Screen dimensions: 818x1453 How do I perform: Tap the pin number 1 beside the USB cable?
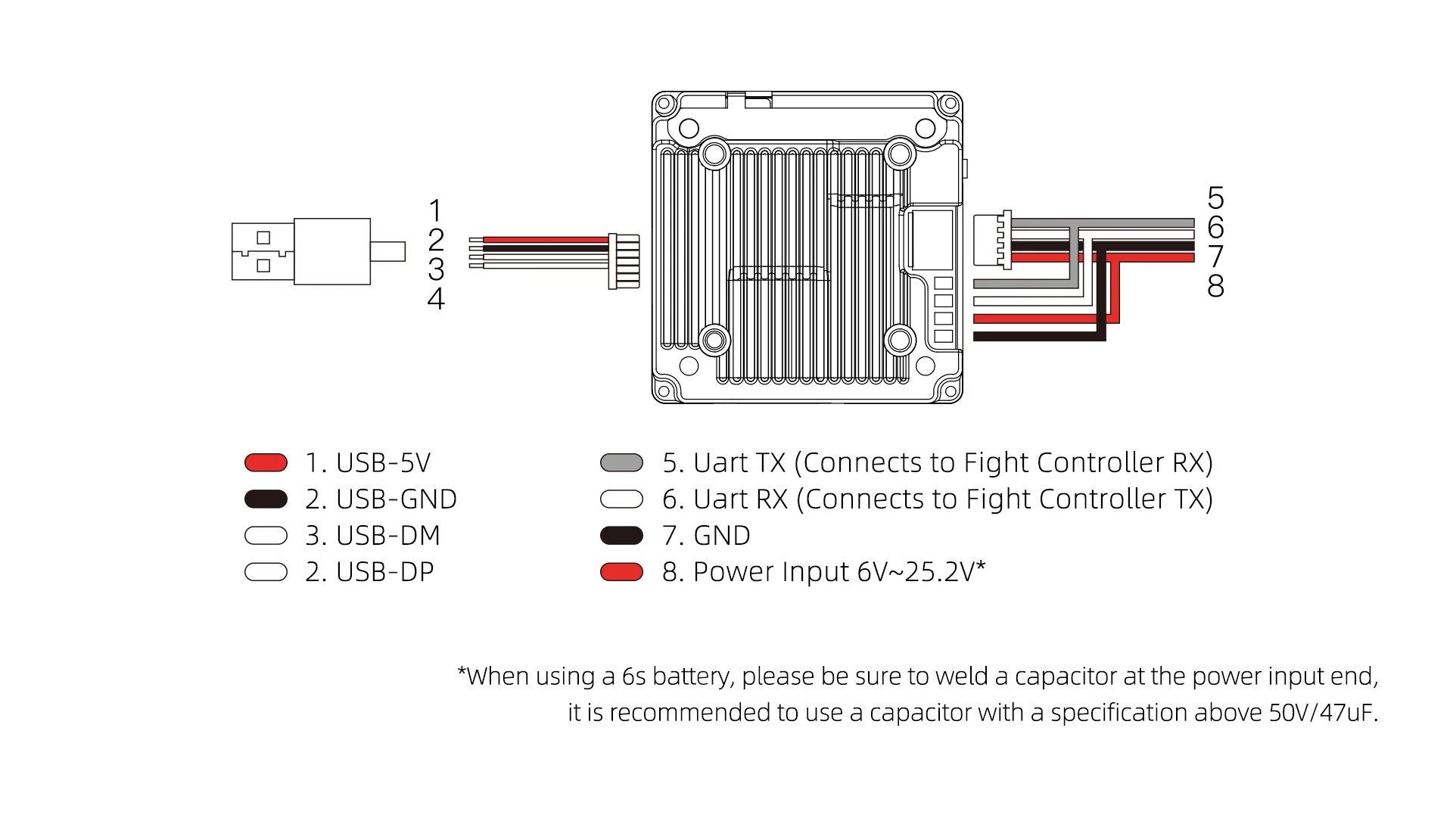point(435,210)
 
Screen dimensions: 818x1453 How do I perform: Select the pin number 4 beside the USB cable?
point(435,299)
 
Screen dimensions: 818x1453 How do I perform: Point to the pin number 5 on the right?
point(1215,198)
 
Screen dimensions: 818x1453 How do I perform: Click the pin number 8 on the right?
point(1215,286)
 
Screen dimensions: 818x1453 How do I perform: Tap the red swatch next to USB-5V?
point(266,462)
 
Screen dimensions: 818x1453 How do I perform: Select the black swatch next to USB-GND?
point(266,499)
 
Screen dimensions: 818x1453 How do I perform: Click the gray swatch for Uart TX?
point(621,462)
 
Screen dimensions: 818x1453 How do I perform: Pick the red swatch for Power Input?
point(621,572)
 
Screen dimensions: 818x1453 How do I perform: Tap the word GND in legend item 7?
point(721,536)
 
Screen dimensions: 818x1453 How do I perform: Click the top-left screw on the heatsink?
point(714,154)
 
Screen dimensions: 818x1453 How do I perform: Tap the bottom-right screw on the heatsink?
point(900,340)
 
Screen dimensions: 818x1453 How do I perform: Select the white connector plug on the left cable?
point(624,261)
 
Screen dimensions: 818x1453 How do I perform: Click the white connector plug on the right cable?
point(988,241)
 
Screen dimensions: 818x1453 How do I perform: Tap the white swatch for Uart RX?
point(621,499)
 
